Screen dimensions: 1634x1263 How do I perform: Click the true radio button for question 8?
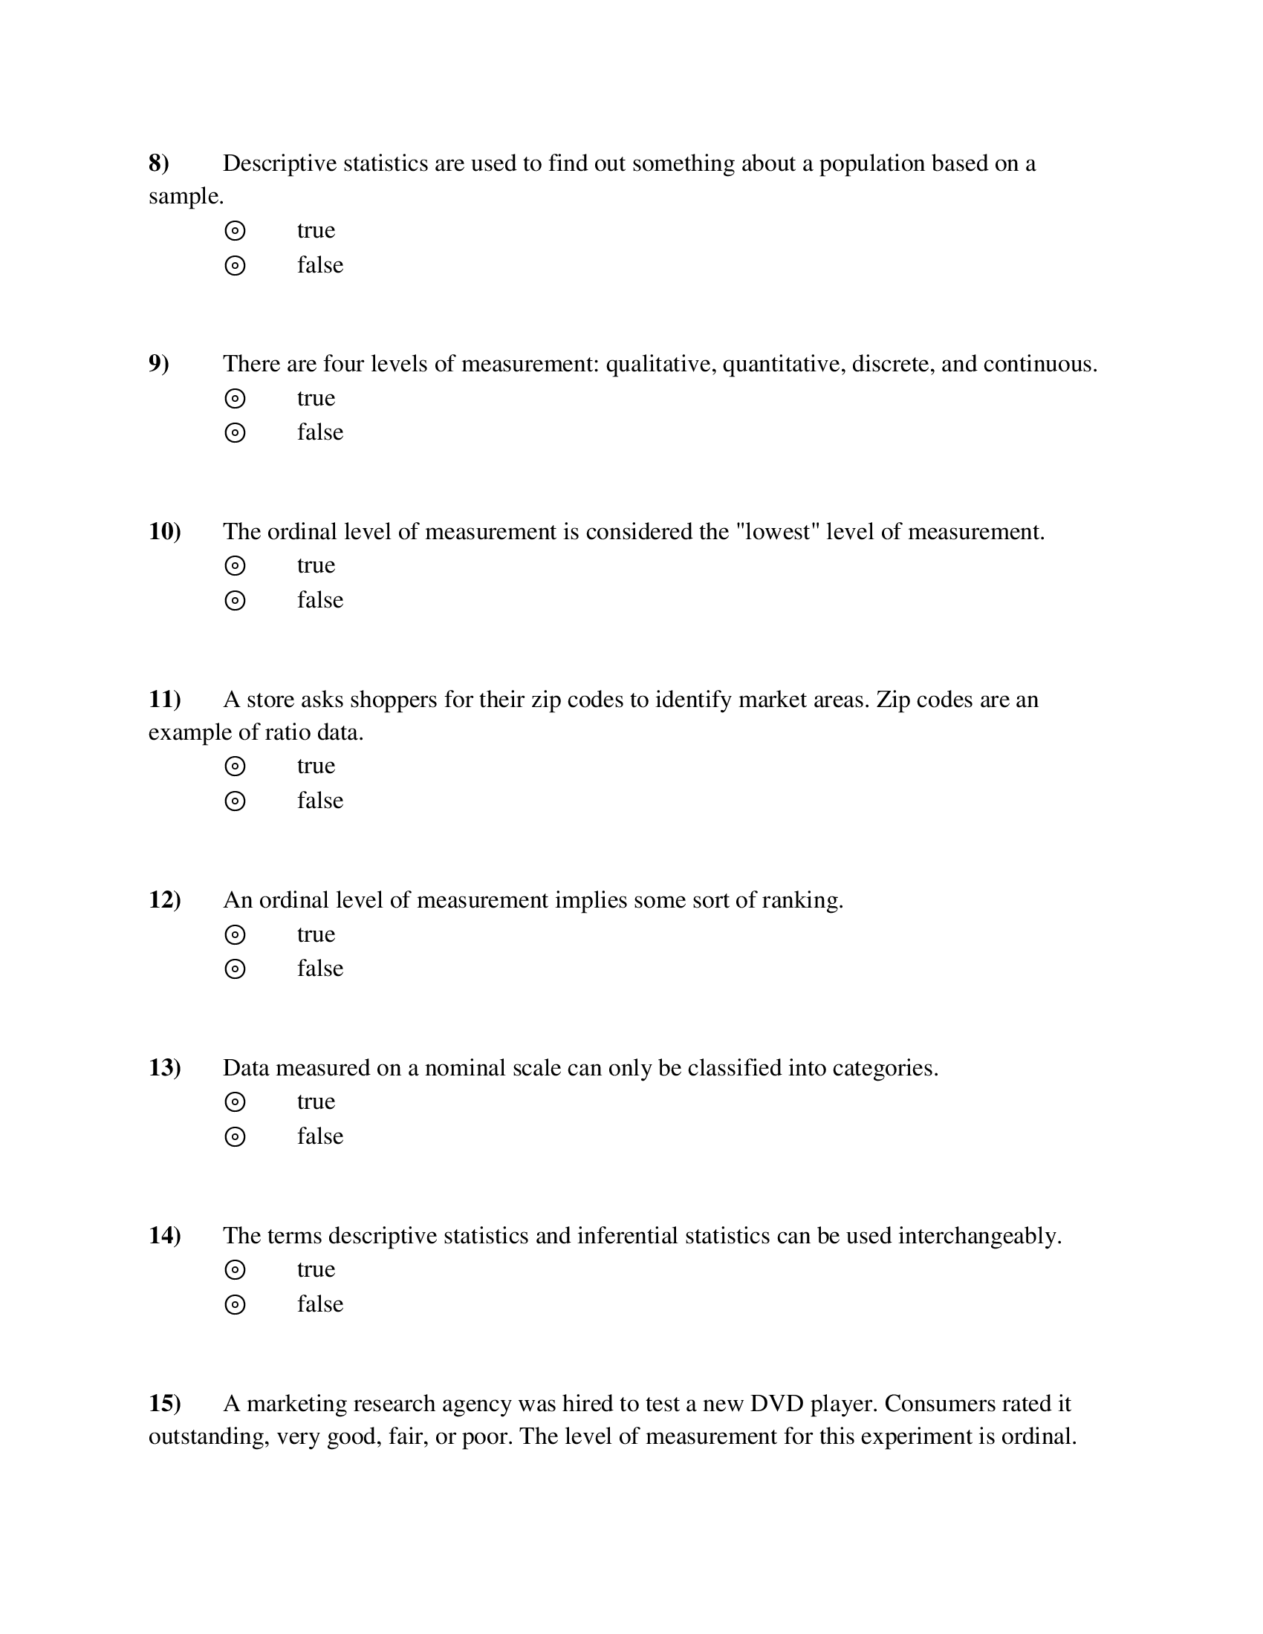235,231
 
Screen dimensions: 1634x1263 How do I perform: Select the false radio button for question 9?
235,433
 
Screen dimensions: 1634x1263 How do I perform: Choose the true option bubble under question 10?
235,566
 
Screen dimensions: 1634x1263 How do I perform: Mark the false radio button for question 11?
235,801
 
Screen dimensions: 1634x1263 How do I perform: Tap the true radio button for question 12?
235,934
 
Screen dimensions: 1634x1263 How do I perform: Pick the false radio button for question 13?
235,1137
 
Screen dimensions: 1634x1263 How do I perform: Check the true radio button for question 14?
235,1269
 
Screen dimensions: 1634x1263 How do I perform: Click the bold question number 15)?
165,1404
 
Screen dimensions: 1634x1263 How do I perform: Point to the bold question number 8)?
159,163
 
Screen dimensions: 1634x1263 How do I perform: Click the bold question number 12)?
165,899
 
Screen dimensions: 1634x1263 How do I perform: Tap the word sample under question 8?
185,197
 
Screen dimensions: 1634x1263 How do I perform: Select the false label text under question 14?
319,1304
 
